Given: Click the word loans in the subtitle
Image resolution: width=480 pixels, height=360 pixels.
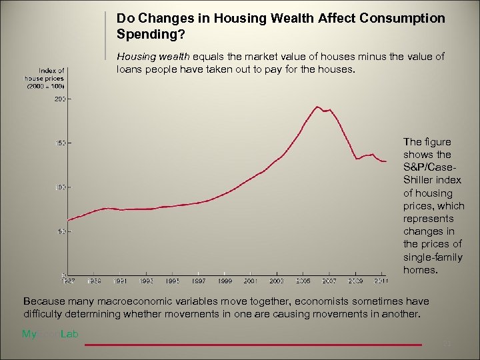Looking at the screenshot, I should pos(130,69).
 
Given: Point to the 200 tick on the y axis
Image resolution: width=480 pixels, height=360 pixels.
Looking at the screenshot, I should pos(60,99).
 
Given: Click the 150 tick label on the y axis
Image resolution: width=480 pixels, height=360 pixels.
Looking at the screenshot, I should pos(60,143).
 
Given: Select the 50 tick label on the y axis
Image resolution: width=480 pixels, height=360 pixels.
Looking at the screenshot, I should pos(61,231).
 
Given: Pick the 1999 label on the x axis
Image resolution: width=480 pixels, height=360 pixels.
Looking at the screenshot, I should pos(225,281).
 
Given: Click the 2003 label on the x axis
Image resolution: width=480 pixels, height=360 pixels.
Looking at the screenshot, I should pos(277,281).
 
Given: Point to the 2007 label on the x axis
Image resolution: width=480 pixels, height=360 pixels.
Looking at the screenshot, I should pos(329,281).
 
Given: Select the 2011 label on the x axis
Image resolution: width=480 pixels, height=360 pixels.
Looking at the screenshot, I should pos(380,281).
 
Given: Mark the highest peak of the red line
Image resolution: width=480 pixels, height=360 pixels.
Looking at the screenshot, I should pos(317,107).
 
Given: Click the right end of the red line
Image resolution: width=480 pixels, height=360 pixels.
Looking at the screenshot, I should pos(386,161).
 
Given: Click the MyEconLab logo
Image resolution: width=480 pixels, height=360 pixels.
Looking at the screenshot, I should pos(50,335).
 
